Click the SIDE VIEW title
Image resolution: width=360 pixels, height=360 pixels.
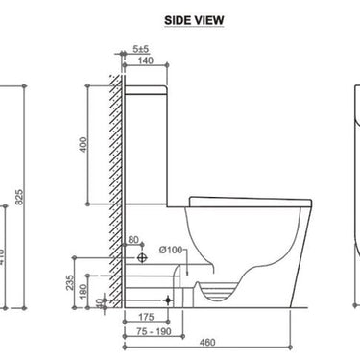(x=180, y=18)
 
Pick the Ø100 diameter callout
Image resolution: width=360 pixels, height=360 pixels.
(x=171, y=251)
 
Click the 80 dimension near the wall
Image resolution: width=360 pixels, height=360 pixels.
(x=133, y=239)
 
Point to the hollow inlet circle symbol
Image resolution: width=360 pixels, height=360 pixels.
(x=142, y=258)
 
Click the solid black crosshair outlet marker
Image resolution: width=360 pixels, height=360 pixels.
(x=169, y=300)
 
